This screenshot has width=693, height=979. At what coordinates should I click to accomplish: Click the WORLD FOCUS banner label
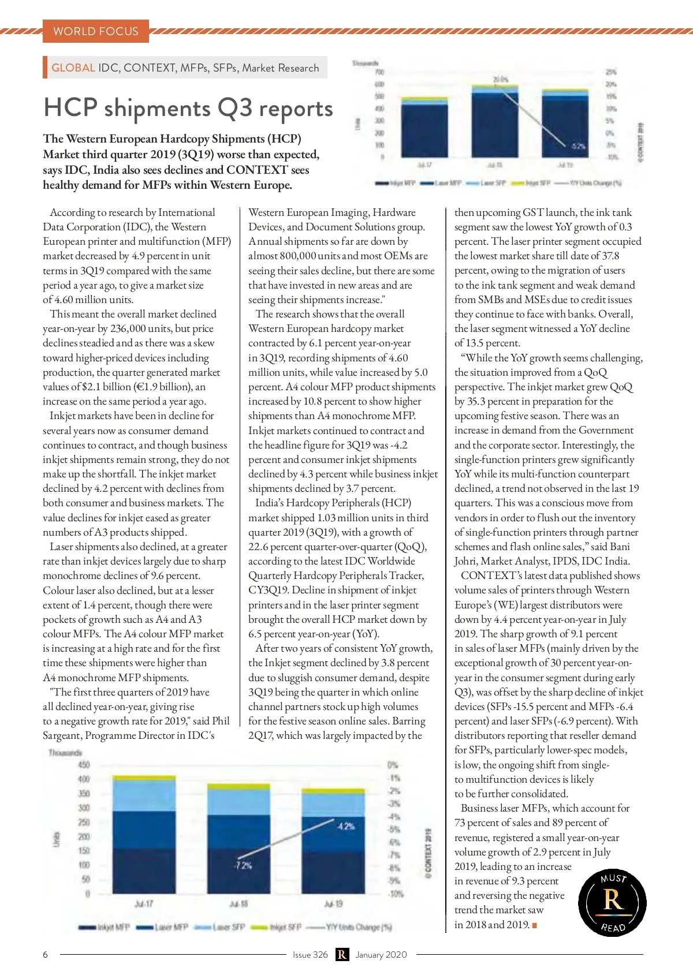[x=96, y=31]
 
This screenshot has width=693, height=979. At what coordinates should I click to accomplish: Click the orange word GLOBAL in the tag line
[x=73, y=68]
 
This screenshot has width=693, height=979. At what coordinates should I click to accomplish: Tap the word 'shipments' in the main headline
[x=158, y=109]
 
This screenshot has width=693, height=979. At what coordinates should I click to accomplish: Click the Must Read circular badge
[x=612, y=902]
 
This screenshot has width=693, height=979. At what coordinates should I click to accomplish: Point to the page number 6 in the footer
[x=46, y=954]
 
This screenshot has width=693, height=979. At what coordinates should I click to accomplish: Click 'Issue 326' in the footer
[x=310, y=954]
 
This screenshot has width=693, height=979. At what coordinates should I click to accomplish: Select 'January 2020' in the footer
[x=381, y=954]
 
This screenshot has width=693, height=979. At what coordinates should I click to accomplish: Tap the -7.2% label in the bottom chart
[x=243, y=865]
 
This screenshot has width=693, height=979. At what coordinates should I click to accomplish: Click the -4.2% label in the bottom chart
[x=345, y=826]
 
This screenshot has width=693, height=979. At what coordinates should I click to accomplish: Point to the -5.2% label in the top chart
[x=578, y=146]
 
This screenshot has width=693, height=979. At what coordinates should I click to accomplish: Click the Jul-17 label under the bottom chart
[x=144, y=903]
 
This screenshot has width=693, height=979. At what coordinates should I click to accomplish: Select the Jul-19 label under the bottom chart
[x=333, y=903]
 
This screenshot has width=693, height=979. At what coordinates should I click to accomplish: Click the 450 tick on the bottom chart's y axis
[x=84, y=765]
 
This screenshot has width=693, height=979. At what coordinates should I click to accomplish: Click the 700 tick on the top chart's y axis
[x=379, y=72]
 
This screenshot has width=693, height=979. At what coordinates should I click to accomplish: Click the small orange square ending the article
[x=535, y=925]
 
